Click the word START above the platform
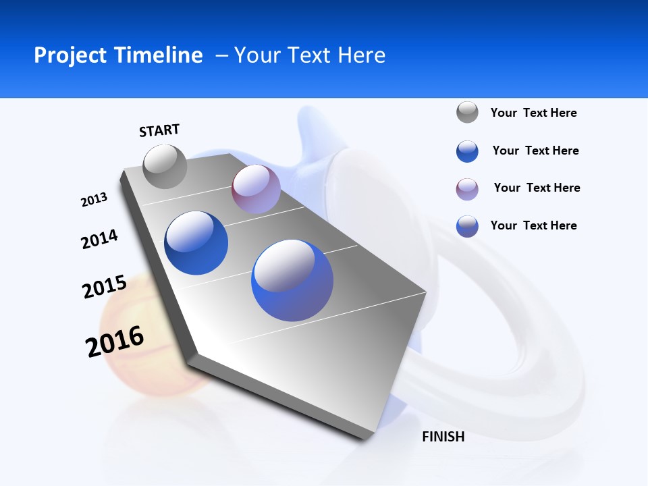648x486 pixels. pos(159,130)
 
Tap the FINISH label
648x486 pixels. pos(443,437)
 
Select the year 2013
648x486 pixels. pos(94,200)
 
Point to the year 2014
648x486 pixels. pos(99,240)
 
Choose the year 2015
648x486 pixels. pos(105,287)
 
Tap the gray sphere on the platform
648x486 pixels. pos(165,166)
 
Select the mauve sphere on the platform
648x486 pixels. pos(256,189)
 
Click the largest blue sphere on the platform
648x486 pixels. pos(292,280)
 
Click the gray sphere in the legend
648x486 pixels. pos(467,112)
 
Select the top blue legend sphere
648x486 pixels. pos(467,151)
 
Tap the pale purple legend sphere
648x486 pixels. pos(467,189)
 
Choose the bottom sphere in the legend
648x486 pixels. pos(467,226)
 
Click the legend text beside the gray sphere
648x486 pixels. pos(533,113)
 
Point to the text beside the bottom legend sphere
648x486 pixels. pos(533,225)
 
